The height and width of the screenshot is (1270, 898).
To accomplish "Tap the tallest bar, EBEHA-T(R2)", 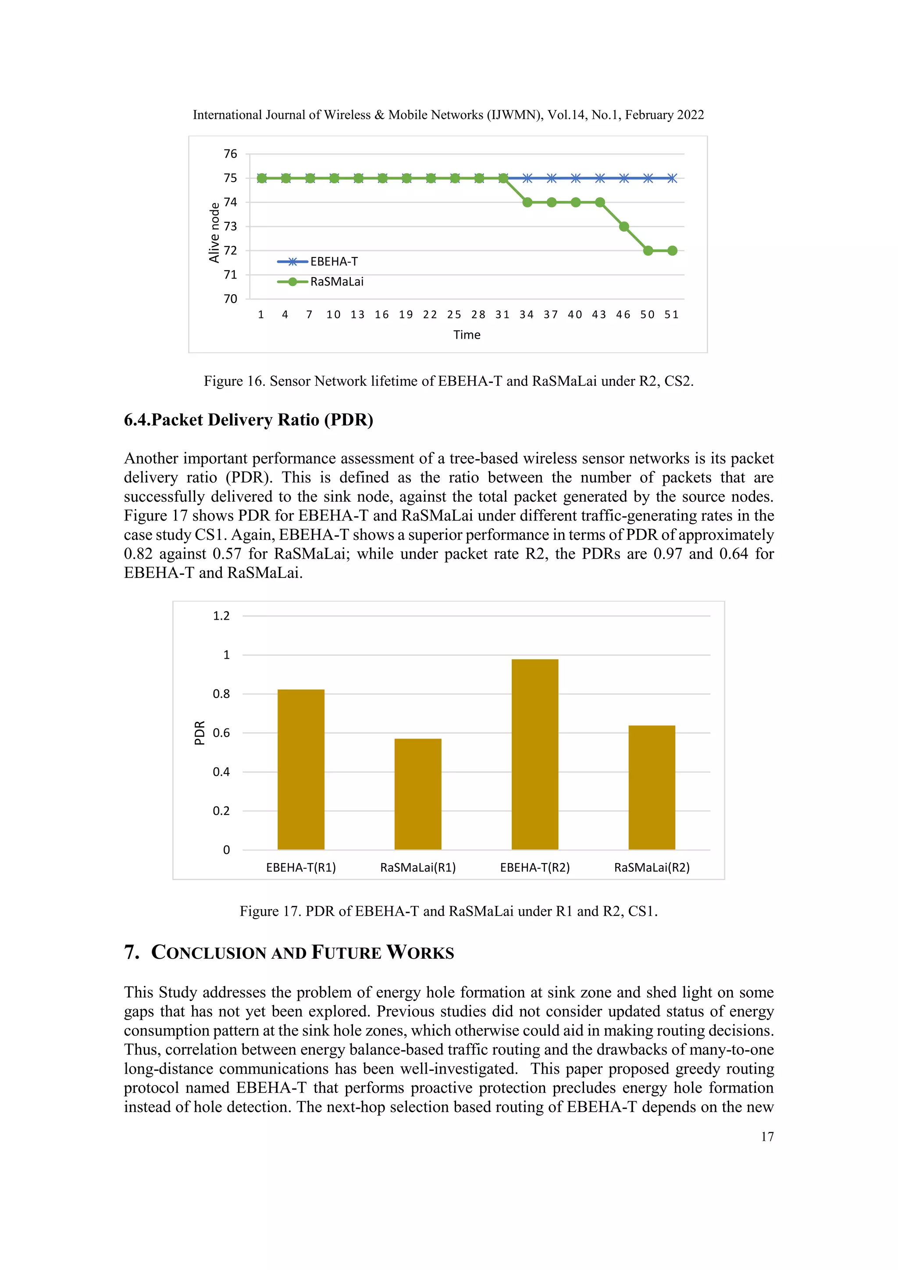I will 535,754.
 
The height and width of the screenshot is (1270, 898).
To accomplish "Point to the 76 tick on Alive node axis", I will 230,154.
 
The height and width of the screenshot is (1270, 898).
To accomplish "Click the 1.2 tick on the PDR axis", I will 221,616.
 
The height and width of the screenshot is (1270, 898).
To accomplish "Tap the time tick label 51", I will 671,315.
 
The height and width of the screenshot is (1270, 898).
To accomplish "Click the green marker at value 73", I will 624,227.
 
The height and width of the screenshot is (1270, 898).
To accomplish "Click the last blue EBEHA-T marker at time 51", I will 672,178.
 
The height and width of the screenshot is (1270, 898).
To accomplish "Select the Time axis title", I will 467,335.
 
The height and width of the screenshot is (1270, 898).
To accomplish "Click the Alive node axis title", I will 214,232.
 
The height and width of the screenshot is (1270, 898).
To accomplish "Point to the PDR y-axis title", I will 200,732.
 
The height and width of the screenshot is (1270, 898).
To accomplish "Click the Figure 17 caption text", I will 449,911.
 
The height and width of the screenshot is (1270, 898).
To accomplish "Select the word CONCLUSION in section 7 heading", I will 209,952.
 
